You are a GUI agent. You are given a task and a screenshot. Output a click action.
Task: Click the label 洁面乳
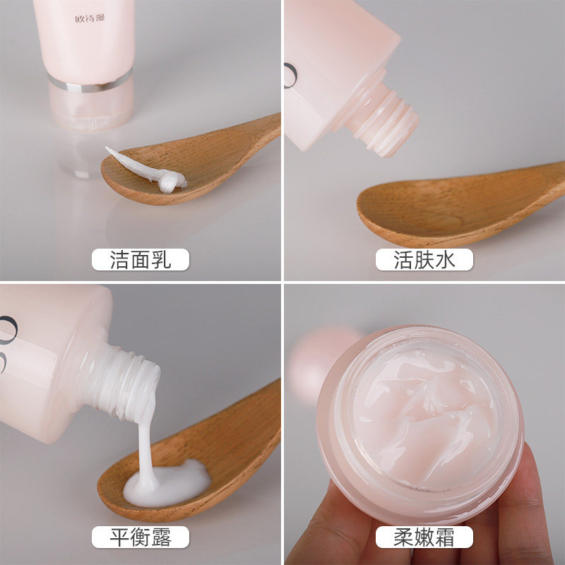(141, 260)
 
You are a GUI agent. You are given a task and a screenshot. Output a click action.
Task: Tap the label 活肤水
(424, 260)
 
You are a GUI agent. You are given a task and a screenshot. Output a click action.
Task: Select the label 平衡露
(141, 537)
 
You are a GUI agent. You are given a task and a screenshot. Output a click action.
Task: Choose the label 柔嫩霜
(424, 537)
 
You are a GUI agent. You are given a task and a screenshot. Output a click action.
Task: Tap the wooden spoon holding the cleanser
(212, 155)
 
